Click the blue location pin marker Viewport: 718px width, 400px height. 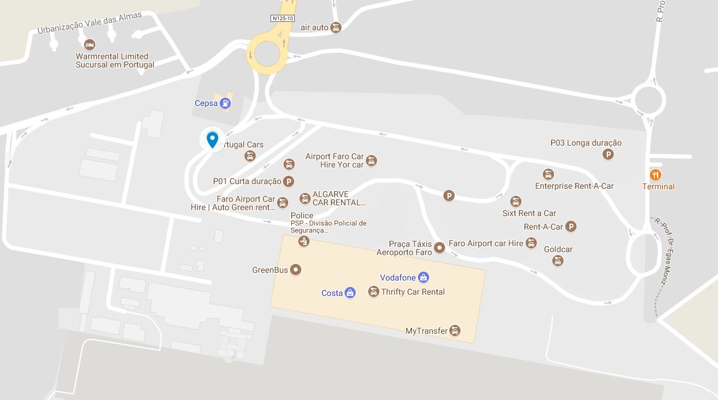[212, 140]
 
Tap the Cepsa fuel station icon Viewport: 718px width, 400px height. [225, 104]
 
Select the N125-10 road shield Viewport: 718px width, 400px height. [282, 19]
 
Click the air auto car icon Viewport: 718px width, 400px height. [336, 28]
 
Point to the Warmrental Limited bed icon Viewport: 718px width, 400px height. [90, 45]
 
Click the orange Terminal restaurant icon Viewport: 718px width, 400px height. [655, 175]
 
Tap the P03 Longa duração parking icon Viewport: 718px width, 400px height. [607, 154]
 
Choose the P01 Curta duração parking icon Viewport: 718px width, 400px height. [289, 182]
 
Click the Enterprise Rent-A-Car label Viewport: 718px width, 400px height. [574, 186]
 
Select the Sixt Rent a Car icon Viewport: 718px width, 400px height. [516, 202]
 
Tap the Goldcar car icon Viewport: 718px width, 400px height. [558, 261]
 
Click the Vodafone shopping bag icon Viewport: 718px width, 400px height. [423, 277]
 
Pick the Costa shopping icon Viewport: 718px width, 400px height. [350, 293]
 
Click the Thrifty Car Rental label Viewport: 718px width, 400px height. [413, 292]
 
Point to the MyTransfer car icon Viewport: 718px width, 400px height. [455, 331]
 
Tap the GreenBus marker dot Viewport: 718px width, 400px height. [295, 270]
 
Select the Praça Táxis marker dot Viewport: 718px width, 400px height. [439, 248]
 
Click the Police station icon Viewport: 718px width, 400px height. [304, 241]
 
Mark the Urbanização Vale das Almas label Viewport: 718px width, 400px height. [90, 23]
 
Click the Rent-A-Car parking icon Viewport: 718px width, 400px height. [571, 227]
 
